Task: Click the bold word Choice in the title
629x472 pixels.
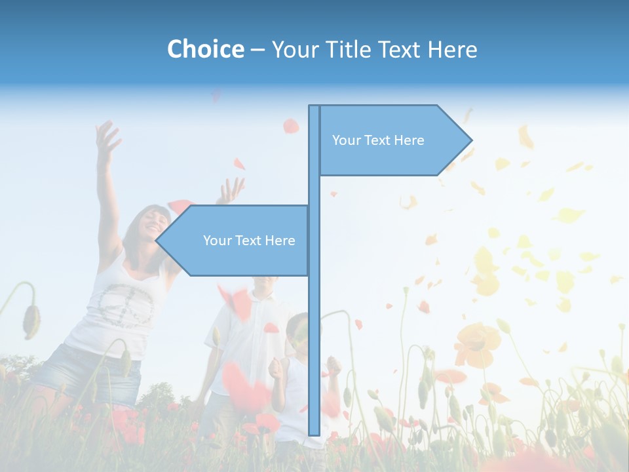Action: [x=205, y=49]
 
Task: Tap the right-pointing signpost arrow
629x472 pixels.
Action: [x=393, y=140]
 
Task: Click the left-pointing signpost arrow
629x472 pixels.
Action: [x=236, y=241]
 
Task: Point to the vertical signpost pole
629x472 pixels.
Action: [x=314, y=328]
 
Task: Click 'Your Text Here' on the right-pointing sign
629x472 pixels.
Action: [x=378, y=140]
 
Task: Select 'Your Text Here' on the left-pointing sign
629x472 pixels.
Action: [x=249, y=241]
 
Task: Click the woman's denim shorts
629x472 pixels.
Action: [x=88, y=374]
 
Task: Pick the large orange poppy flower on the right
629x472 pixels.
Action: [x=476, y=344]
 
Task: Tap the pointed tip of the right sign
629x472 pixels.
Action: [x=470, y=140]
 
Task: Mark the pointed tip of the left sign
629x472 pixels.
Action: [x=158, y=241]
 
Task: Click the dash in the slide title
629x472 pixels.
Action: [x=257, y=50]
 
